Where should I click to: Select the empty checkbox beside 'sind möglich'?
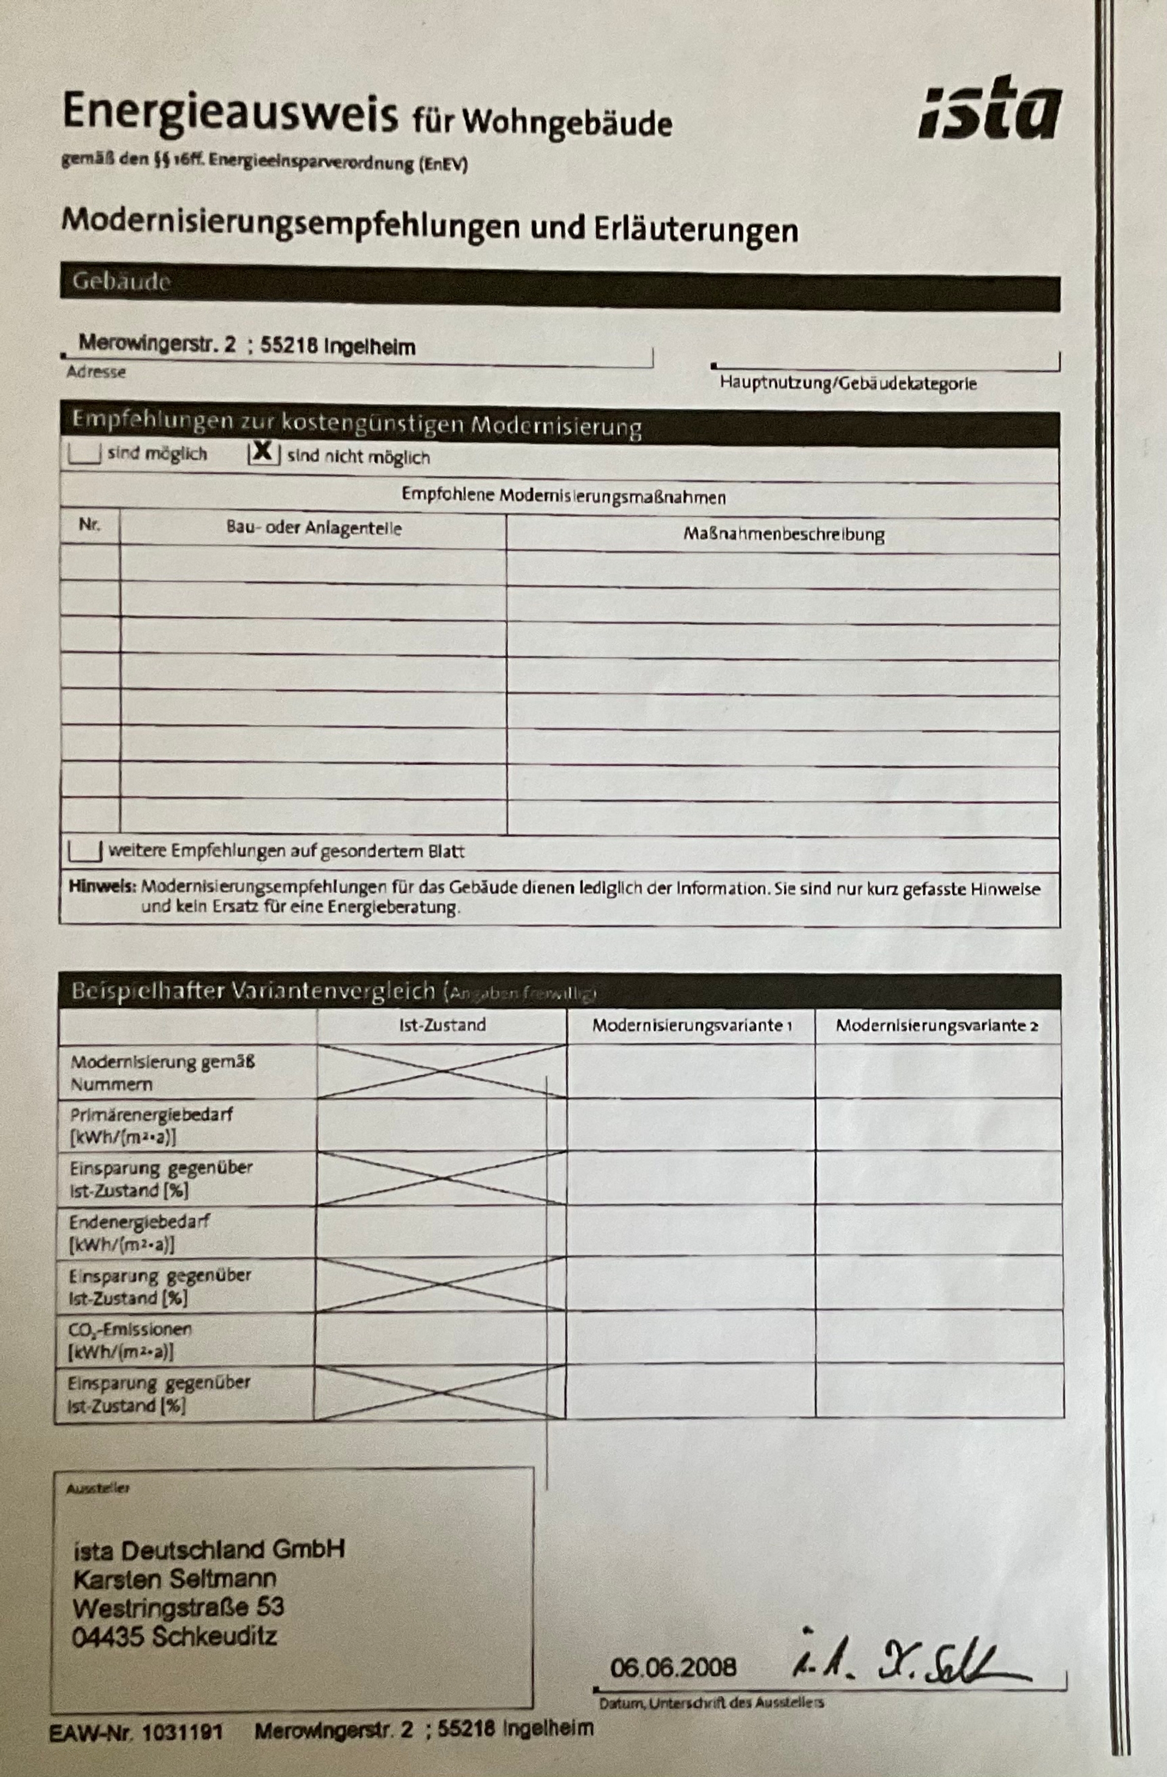point(84,454)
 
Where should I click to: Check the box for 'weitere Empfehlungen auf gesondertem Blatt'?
point(84,850)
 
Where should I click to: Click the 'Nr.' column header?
point(89,525)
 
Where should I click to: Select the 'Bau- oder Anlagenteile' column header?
point(314,528)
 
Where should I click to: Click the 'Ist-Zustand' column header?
point(442,1025)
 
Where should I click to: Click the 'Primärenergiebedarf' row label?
point(151,1115)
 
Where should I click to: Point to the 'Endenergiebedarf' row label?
point(140,1222)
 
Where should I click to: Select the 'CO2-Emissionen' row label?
point(131,1330)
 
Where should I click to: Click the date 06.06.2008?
point(673,1667)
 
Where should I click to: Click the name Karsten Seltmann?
point(174,1578)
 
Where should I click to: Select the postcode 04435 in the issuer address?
point(108,1637)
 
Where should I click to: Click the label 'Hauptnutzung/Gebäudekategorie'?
point(848,383)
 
